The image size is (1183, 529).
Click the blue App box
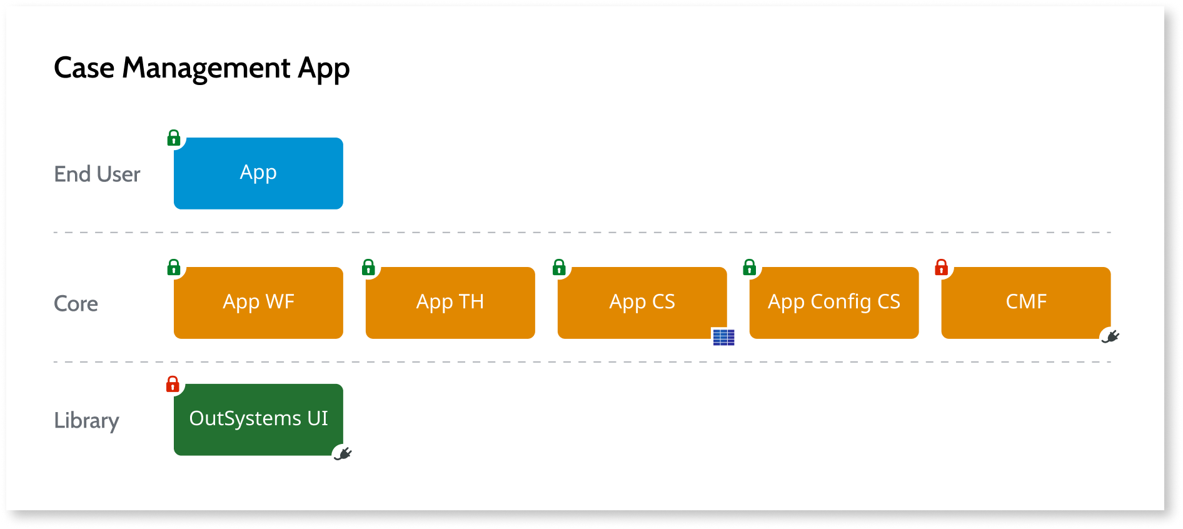[258, 173]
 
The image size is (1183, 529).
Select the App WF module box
[258, 303]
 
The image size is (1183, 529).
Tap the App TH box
[450, 303]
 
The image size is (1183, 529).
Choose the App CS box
[642, 303]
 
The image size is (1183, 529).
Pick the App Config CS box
[833, 303]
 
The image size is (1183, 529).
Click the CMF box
[1025, 303]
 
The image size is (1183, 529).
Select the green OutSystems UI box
[258, 420]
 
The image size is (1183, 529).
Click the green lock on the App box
[174, 138]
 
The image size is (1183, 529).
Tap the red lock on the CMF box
[941, 268]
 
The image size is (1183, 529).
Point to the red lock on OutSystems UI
[173, 384]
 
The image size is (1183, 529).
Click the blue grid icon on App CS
[723, 337]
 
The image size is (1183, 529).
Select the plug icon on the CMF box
[1110, 337]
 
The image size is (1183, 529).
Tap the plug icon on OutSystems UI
[343, 453]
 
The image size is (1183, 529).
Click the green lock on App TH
[368, 268]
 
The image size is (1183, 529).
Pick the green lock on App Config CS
[749, 268]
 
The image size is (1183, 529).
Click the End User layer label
[97, 174]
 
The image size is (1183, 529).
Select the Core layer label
[76, 304]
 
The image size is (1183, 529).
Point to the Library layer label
[86, 421]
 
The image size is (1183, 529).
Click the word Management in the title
[206, 68]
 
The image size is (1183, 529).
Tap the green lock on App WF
[174, 268]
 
